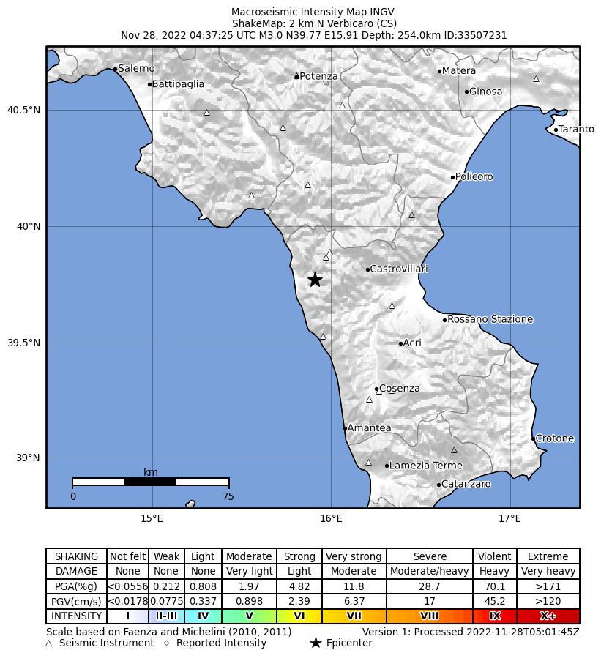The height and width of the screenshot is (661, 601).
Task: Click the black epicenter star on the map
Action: click(x=315, y=280)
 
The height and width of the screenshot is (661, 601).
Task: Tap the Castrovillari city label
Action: click(x=399, y=269)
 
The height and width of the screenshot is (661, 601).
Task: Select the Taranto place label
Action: click(x=576, y=130)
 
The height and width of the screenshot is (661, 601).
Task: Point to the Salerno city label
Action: click(x=136, y=69)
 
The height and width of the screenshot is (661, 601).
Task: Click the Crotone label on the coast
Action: click(x=554, y=438)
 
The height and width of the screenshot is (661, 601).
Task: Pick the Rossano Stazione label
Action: click(x=490, y=320)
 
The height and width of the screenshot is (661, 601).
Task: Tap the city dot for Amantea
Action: click(x=345, y=428)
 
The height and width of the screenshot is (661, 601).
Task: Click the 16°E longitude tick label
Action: click(x=332, y=519)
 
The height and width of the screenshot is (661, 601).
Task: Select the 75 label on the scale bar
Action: click(x=228, y=496)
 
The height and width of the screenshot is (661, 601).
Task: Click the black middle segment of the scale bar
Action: click(x=150, y=482)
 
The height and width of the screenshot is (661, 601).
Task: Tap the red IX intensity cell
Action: click(x=495, y=616)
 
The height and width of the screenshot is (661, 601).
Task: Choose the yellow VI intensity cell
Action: click(x=299, y=616)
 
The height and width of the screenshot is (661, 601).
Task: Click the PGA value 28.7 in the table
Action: click(x=430, y=586)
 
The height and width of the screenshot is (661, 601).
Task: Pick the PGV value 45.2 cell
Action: click(x=495, y=601)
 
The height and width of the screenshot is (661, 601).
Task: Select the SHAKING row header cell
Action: click(x=76, y=556)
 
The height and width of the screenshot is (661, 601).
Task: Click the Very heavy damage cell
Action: click(x=548, y=571)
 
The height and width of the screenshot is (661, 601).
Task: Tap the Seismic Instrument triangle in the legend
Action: click(x=49, y=643)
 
